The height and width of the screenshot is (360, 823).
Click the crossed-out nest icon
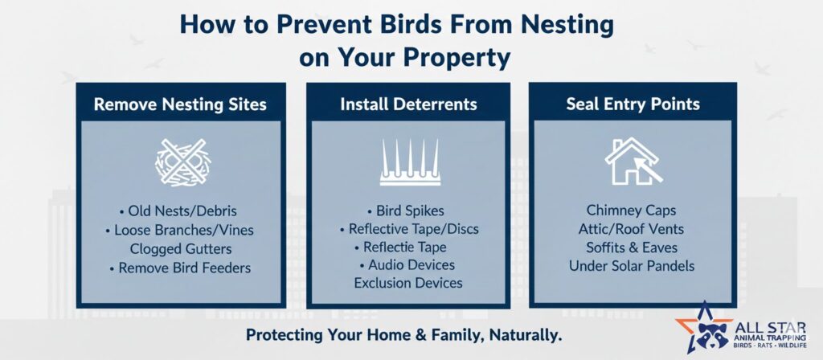coord(182,162)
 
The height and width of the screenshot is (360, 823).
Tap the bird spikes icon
coord(411,162)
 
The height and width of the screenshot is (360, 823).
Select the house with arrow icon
coord(633,161)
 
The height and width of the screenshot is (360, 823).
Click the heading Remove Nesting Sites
coord(180,104)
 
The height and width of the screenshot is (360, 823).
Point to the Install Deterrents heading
coord(408,104)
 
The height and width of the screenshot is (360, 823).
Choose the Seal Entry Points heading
coord(633,104)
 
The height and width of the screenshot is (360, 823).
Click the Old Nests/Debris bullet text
coord(178,211)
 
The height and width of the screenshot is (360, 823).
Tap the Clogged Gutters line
coord(181,249)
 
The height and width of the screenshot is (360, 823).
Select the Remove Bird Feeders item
coord(180,268)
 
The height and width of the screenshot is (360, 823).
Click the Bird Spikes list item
coord(405,211)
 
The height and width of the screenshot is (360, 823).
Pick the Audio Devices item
coord(407,265)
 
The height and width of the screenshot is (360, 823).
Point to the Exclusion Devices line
coord(408,283)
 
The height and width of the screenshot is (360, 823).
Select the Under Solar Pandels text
coord(632,265)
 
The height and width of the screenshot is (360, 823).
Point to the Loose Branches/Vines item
coord(179,230)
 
